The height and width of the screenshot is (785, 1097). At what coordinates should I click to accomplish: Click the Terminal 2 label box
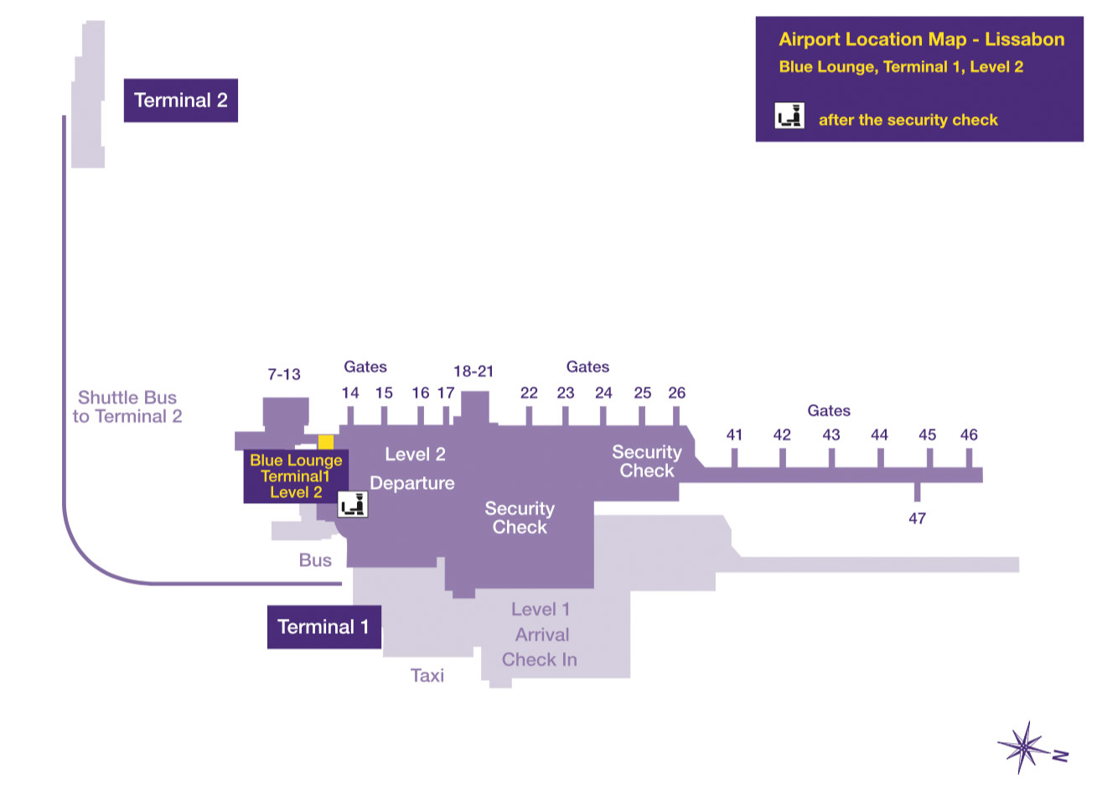pos(180,101)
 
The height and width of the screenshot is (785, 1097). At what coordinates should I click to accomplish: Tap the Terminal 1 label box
pos(323,626)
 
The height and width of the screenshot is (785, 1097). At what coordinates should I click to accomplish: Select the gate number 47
pos(917,518)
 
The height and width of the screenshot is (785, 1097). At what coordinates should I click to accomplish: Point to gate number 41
pos(734,434)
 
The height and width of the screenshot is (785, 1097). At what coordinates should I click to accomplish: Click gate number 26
pos(676,392)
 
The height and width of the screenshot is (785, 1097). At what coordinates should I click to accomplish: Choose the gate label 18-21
pos(473,371)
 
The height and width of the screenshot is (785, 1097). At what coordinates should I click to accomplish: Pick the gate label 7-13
pos(284,374)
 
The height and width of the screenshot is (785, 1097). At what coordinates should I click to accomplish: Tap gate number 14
pos(350,392)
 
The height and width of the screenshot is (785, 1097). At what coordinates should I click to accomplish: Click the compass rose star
pos(1023,746)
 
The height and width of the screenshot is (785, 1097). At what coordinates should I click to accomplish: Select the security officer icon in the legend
pos(789,116)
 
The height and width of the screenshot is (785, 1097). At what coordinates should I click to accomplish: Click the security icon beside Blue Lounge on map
pos(353,504)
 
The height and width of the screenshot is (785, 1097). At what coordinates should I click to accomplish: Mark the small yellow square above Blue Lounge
pos(326,442)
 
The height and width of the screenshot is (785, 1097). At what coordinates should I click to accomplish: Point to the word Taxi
pos(427,675)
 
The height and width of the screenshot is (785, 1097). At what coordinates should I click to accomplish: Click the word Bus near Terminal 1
pos(315,560)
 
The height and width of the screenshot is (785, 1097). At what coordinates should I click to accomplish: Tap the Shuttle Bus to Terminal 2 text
pos(127,407)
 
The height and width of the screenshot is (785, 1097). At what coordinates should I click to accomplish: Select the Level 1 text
pos(541,610)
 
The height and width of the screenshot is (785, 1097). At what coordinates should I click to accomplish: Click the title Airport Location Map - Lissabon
pos(921,39)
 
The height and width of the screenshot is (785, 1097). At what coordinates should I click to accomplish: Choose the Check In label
pos(540,660)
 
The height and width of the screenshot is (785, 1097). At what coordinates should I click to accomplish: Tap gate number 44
pos(879,434)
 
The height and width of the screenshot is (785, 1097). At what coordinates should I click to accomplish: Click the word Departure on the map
pos(412,483)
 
